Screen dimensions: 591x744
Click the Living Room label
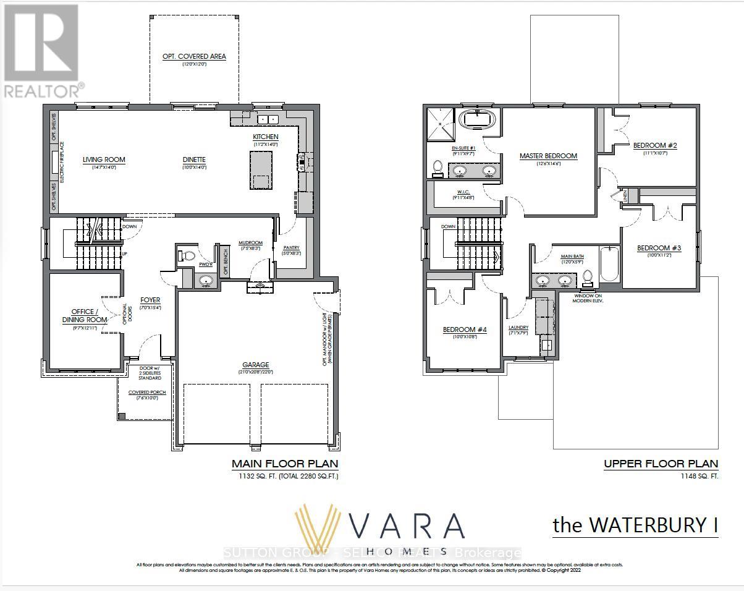104,159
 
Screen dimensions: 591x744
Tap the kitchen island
261,170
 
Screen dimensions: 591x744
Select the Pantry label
291,247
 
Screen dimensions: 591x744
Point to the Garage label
255,365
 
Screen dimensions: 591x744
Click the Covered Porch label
147,393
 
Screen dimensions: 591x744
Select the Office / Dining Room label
84,316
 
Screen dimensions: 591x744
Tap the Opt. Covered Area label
194,56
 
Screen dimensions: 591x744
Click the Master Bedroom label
548,156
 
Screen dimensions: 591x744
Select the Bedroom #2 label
655,146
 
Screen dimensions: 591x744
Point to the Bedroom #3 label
659,249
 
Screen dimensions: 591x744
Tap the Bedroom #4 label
465,330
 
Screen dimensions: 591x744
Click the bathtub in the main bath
609,264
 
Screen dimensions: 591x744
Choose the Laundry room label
518,328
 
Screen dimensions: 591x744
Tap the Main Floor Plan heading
284,464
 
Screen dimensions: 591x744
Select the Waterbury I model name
635,525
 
